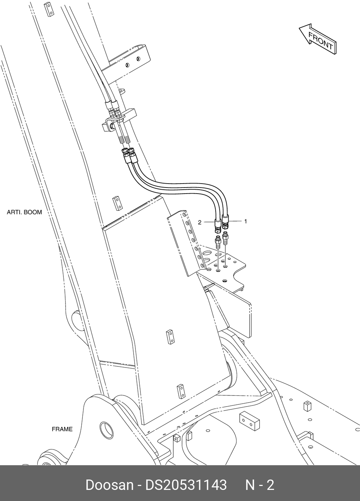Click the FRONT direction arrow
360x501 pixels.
(x=318, y=39)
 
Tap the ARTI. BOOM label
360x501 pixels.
(x=24, y=212)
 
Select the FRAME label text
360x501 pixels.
(x=62, y=429)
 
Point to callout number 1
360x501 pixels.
(x=246, y=222)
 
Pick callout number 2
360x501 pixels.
(x=200, y=222)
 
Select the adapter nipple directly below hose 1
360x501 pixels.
(x=225, y=238)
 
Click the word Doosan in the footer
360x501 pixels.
(x=109, y=485)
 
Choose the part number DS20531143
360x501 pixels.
(x=186, y=485)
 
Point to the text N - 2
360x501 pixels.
(x=259, y=485)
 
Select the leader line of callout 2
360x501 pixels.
(x=209, y=222)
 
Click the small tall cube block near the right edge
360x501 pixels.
(x=307, y=406)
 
